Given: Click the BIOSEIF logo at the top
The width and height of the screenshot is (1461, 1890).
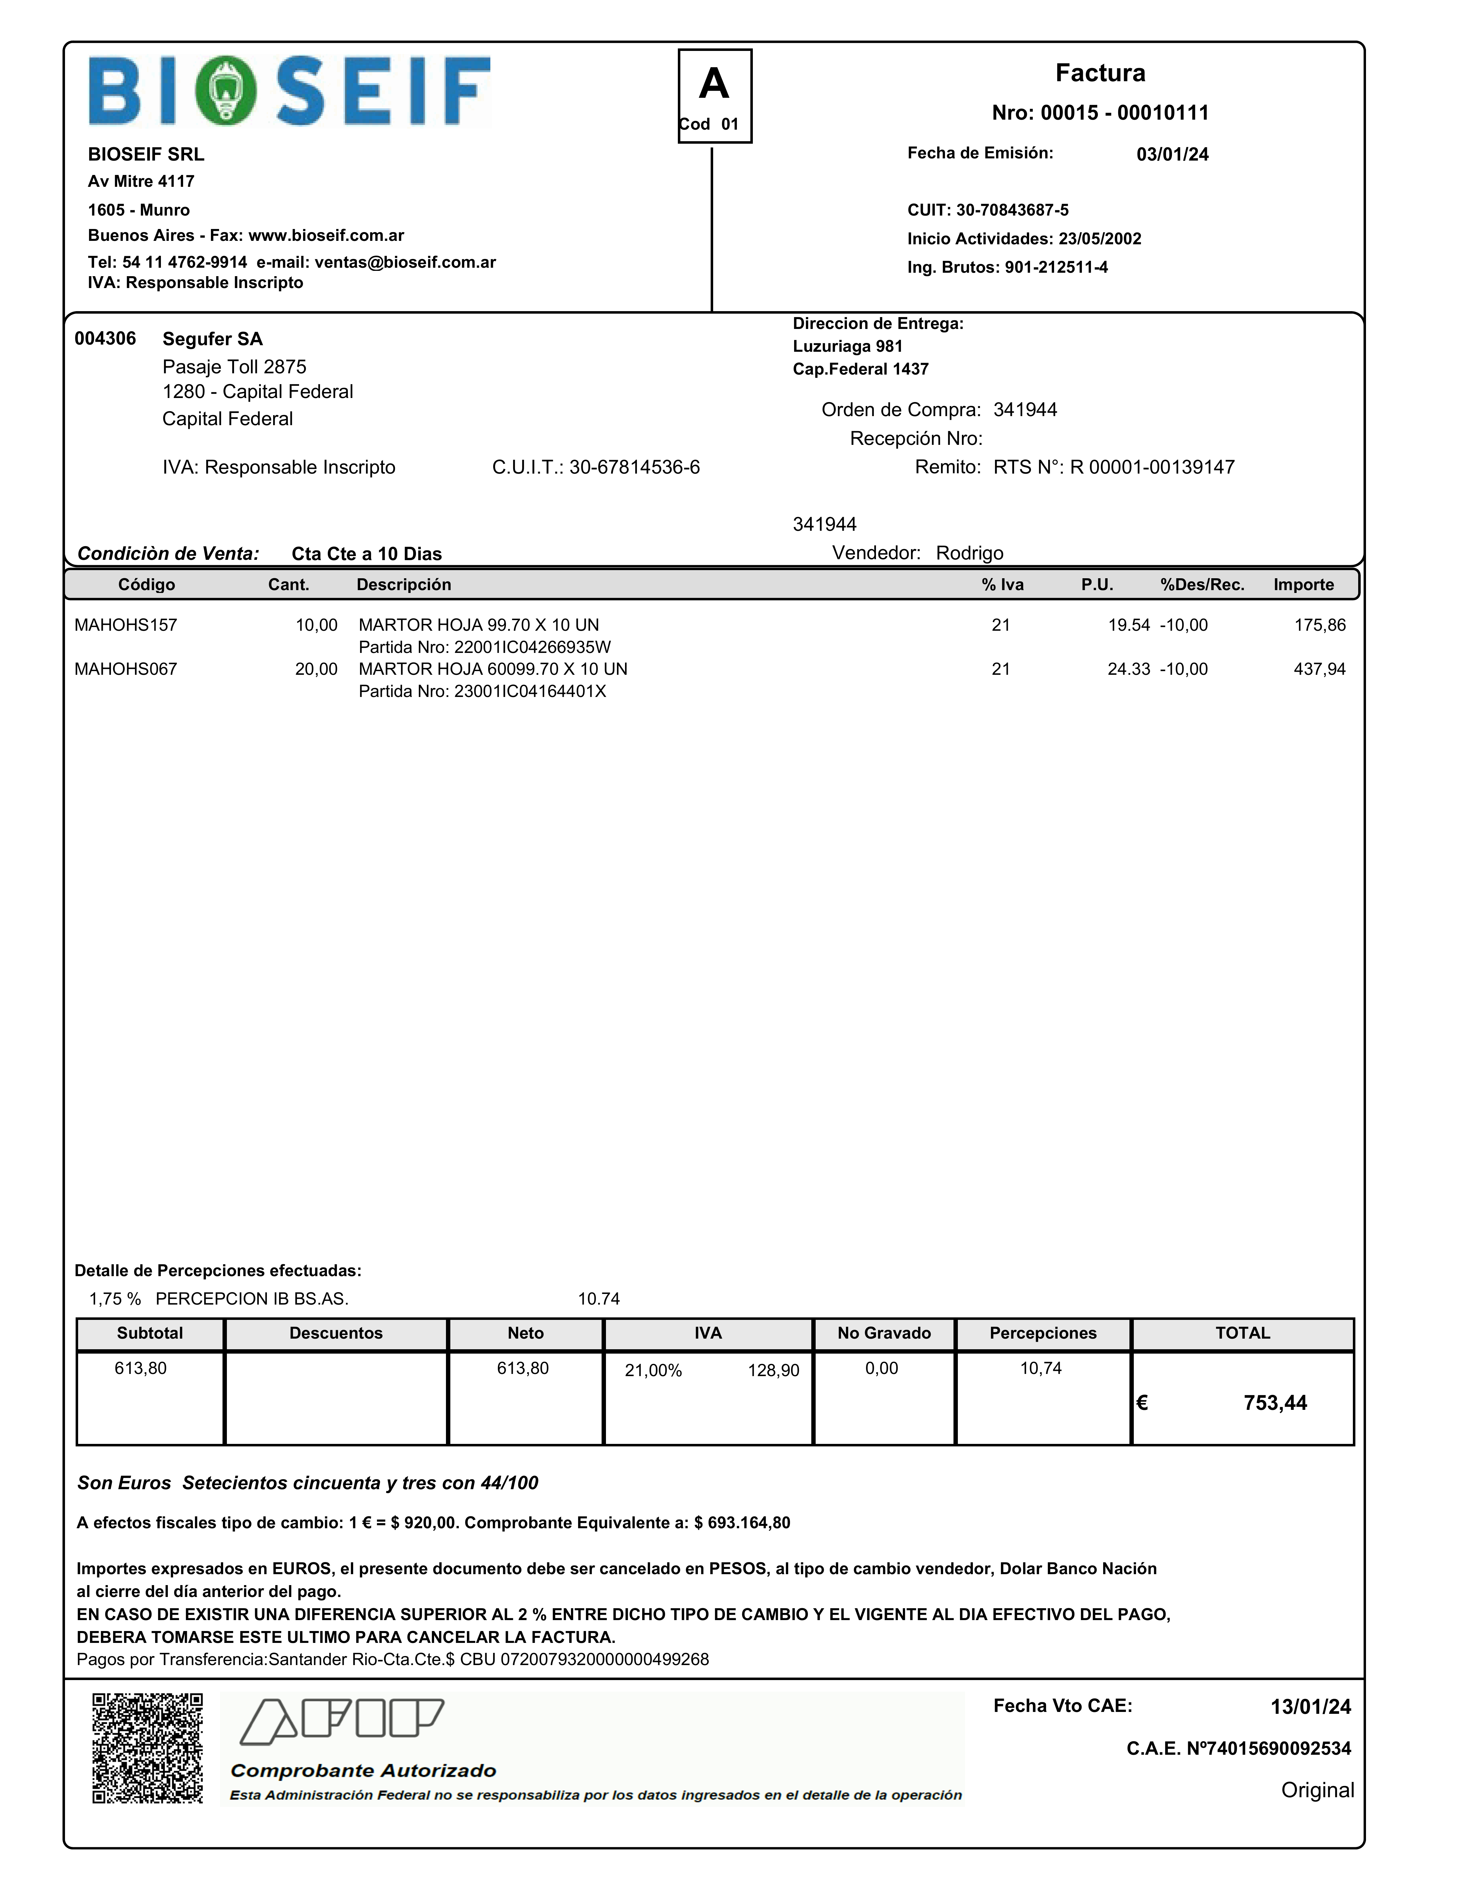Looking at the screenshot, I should coord(289,91).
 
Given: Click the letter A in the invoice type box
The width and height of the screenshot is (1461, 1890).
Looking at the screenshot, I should coord(714,84).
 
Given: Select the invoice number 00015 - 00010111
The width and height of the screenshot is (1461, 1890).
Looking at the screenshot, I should coord(1100,112).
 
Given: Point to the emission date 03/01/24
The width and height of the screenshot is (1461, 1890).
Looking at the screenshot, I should coord(1172,154).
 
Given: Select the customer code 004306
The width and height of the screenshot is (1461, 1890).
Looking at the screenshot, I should coord(105,338).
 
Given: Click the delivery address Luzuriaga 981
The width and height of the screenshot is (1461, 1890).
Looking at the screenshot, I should coord(847,346).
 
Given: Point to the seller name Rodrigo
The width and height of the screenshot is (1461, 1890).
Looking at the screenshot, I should coord(969,553).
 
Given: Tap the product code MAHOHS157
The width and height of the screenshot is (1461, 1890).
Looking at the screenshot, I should coord(126,625).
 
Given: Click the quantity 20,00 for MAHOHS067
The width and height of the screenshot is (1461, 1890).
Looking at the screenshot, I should coord(316,669).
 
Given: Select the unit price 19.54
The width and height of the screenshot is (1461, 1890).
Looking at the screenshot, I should coord(1128,625).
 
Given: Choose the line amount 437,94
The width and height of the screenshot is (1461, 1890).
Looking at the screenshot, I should coord(1319,669).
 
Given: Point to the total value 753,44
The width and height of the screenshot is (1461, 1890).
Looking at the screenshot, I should coord(1275,1403).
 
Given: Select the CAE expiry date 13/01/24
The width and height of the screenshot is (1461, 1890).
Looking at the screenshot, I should coord(1309,1707).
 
